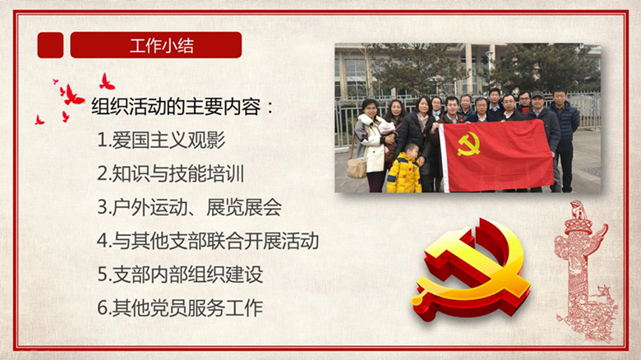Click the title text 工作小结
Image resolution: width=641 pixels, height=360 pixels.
pyautogui.click(x=161, y=45)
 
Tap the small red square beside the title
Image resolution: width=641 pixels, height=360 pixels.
pyautogui.click(x=50, y=45)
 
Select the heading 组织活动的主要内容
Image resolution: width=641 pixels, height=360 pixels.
pyautogui.click(x=176, y=107)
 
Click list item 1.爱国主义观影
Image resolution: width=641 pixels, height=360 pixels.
pyautogui.click(x=161, y=141)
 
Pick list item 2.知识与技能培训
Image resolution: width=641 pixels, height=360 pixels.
pyautogui.click(x=171, y=174)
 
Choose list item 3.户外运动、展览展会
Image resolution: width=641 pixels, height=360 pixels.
pyautogui.click(x=190, y=207)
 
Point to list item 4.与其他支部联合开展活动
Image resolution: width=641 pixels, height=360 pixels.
pyautogui.click(x=208, y=241)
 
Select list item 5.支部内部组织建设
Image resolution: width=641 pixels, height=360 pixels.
pyautogui.click(x=180, y=275)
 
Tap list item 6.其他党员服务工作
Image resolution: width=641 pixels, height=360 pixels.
pyautogui.click(x=180, y=308)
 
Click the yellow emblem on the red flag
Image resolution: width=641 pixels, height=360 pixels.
pyautogui.click(x=468, y=144)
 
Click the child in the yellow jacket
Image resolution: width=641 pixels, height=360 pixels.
pyautogui.click(x=404, y=168)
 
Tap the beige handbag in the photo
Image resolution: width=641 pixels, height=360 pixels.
pyautogui.click(x=357, y=168)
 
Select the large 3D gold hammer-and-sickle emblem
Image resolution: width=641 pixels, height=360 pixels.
pyautogui.click(x=470, y=269)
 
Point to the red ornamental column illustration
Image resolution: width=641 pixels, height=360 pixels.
pyautogui.click(x=584, y=270)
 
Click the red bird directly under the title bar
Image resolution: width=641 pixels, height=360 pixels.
pyautogui.click(x=106, y=82)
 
